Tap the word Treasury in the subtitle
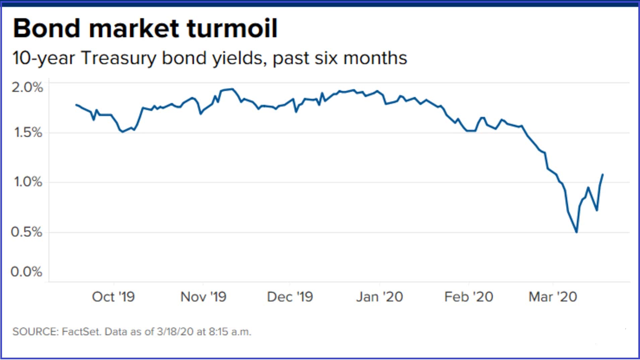click(x=119, y=58)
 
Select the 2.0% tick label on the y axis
click(x=27, y=87)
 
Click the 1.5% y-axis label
click(x=28, y=132)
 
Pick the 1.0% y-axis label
click(x=28, y=182)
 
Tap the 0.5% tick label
click(x=26, y=232)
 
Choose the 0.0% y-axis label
click(x=26, y=271)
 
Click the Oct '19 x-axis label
click(x=113, y=297)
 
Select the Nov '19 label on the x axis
click(x=203, y=297)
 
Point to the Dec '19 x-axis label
click(x=290, y=297)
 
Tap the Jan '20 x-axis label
click(x=379, y=297)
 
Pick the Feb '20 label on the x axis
click(x=468, y=297)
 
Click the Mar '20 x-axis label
click(x=553, y=297)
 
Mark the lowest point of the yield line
click(x=576, y=232)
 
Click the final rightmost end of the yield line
click(x=603, y=174)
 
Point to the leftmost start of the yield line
click(x=76, y=105)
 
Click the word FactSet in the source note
click(x=81, y=332)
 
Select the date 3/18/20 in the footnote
click(x=175, y=332)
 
